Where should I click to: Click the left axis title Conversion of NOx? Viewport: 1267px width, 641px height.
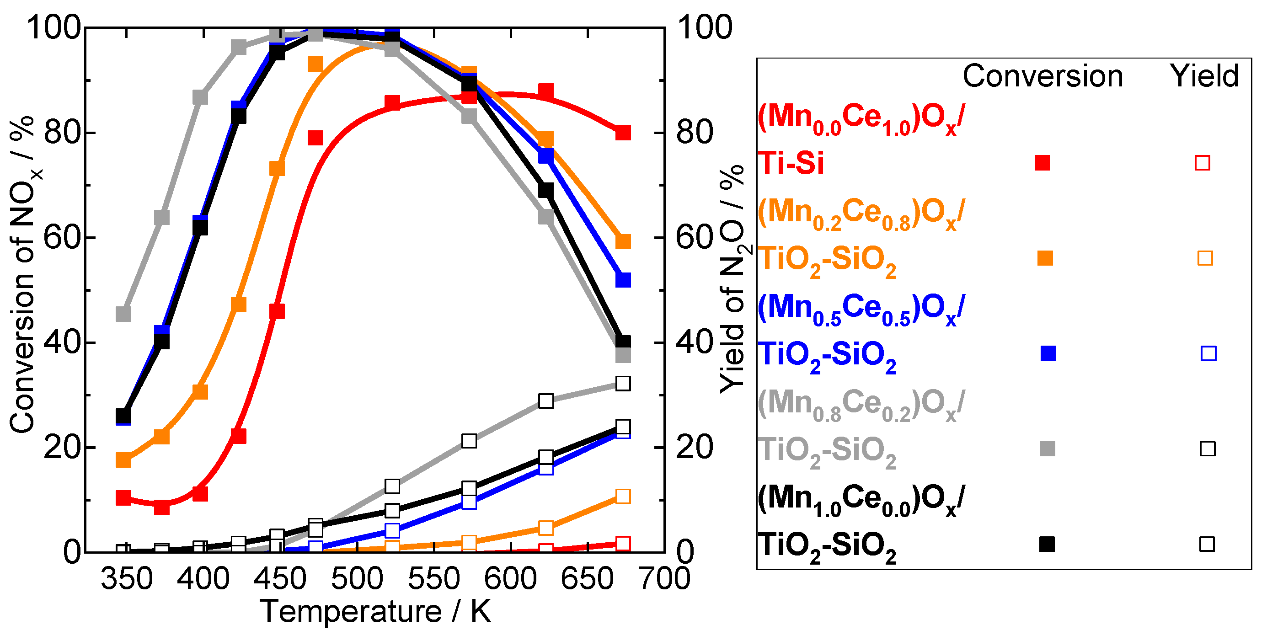(x=22, y=276)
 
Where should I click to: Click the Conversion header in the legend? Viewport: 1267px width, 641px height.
(x=1042, y=76)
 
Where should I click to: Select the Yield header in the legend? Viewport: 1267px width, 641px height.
(x=1204, y=76)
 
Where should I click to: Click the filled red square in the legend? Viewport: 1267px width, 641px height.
(x=1042, y=163)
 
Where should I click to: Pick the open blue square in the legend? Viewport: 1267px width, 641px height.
(x=1208, y=353)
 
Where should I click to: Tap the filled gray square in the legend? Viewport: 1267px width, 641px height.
(x=1047, y=449)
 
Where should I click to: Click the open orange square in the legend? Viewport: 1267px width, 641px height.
(x=1204, y=258)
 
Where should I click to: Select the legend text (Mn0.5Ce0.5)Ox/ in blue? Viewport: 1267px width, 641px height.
(x=861, y=309)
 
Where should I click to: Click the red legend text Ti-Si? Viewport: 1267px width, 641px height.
(x=791, y=163)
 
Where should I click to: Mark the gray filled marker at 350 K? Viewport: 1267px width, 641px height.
(x=123, y=313)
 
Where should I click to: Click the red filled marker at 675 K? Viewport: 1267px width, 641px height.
(x=623, y=133)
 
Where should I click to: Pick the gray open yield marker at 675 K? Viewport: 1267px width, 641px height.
(x=623, y=383)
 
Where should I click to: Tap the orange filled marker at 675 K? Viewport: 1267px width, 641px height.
(x=623, y=241)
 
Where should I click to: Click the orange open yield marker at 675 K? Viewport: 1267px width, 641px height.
(x=623, y=496)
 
